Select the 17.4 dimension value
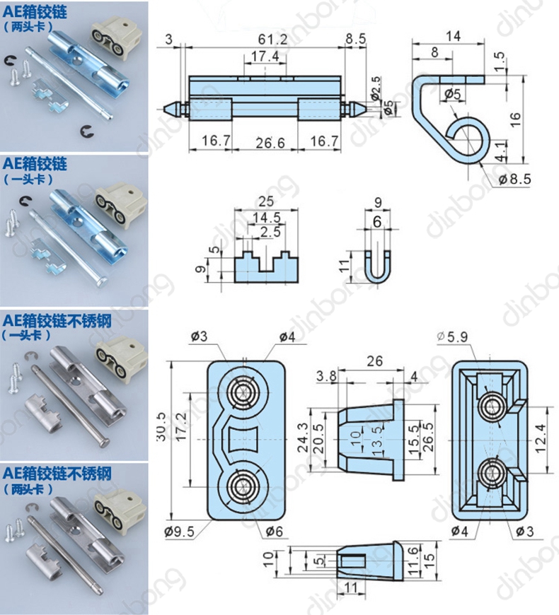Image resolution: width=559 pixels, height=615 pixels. (263, 56)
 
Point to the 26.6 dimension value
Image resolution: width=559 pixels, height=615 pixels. (266, 143)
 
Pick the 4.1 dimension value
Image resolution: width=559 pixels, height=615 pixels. (499, 148)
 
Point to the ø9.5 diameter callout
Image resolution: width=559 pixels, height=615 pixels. (179, 532)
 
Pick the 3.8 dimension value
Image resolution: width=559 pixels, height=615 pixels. (327, 375)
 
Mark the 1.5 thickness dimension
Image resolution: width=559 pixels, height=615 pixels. (500, 62)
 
